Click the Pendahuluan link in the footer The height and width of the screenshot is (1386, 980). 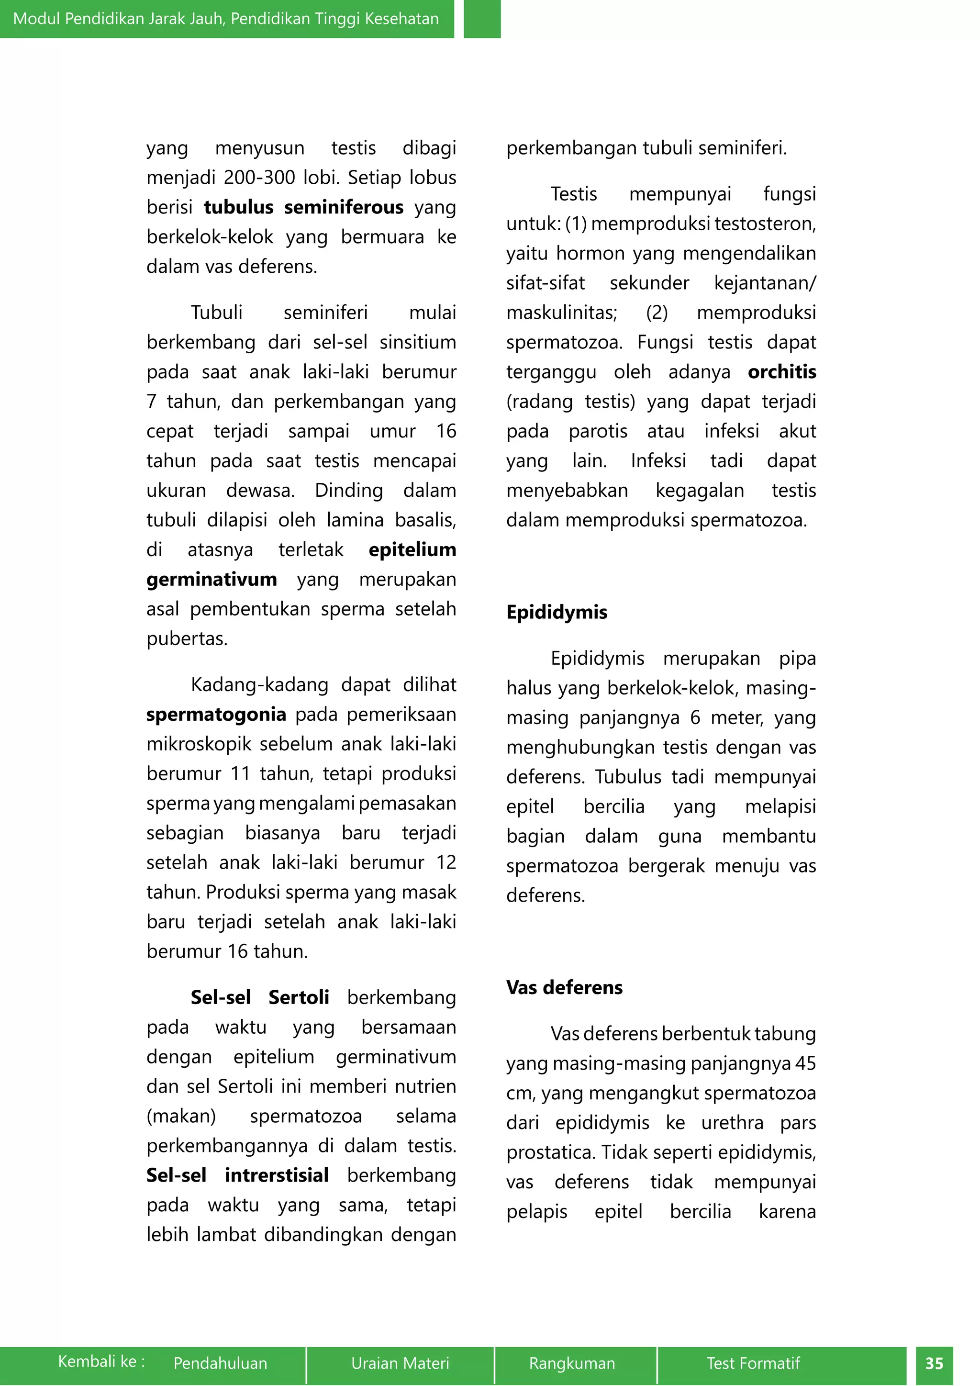[220, 1363]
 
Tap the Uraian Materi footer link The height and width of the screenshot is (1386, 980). [400, 1363]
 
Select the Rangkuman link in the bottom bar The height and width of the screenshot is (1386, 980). [572, 1363]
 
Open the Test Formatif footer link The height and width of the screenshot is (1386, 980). [753, 1363]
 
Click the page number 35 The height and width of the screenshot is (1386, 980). [934, 1364]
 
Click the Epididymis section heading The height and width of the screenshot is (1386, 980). [557, 612]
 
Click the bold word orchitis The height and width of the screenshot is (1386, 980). [781, 372]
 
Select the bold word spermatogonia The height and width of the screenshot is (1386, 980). [216, 714]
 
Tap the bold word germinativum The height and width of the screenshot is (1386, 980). [211, 580]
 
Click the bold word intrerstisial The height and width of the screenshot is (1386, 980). [277, 1175]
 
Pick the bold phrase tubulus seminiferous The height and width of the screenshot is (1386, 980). [303, 207]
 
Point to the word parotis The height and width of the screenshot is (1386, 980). [597, 431]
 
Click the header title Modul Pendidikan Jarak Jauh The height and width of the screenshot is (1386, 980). [226, 19]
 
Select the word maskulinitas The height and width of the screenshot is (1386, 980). [561, 313]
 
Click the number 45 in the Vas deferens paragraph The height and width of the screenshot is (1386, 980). [805, 1063]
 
